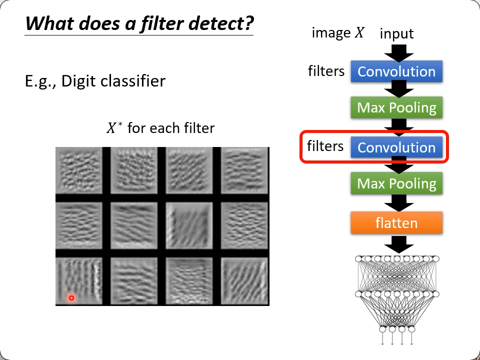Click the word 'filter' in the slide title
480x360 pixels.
[158, 23]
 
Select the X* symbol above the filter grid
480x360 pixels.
[113, 128]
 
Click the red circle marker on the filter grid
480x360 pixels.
[71, 298]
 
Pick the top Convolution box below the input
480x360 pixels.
[396, 71]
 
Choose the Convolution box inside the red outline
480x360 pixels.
[396, 147]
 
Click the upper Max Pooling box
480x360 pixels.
[396, 107]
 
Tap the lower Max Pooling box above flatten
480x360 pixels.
[396, 183]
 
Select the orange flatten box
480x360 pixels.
[396, 222]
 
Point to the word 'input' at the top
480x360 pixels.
[396, 34]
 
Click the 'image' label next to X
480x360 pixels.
[331, 33]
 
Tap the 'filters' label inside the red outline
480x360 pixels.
[325, 146]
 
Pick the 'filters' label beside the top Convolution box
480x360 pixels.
[326, 71]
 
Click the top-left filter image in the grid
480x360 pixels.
[79, 170]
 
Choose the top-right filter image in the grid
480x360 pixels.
[244, 170]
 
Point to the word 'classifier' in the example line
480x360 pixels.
[134, 80]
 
